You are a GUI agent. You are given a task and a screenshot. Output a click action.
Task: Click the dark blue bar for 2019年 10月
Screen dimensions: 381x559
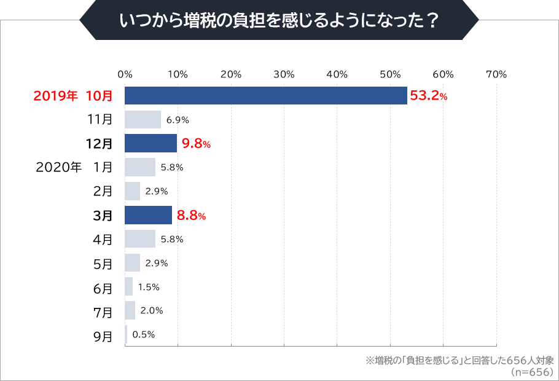tap(265, 96)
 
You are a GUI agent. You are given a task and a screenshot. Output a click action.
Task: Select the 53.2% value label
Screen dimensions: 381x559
tap(429, 96)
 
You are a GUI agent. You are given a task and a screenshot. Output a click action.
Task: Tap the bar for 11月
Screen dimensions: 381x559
tap(143, 120)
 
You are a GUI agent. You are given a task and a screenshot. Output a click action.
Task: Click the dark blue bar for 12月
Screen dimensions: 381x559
tap(150, 144)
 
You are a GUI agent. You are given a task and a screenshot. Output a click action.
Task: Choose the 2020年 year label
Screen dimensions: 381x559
tap(58, 167)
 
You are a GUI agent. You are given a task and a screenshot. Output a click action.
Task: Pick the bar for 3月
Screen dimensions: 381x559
tap(148, 215)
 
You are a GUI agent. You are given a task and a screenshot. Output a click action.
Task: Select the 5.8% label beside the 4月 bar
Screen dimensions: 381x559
tap(172, 239)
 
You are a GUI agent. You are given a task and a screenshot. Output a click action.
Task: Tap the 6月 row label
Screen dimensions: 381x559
tap(103, 288)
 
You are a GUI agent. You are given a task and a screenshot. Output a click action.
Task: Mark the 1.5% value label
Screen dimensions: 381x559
tap(149, 287)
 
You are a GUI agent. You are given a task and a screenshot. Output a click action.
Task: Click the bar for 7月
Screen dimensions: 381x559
tap(130, 311)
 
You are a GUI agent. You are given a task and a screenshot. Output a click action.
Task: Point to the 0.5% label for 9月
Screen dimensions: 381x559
tap(143, 335)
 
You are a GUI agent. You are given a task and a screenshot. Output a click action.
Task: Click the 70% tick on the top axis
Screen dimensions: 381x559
tap(496, 74)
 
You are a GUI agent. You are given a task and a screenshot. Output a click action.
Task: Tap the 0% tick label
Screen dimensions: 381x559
tap(125, 74)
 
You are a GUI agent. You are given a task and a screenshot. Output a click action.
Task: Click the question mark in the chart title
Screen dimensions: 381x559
tap(433, 20)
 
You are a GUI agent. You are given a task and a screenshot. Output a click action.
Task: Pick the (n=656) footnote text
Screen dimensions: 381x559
tap(532, 371)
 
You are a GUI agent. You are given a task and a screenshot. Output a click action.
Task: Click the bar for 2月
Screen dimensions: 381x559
tap(132, 191)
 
